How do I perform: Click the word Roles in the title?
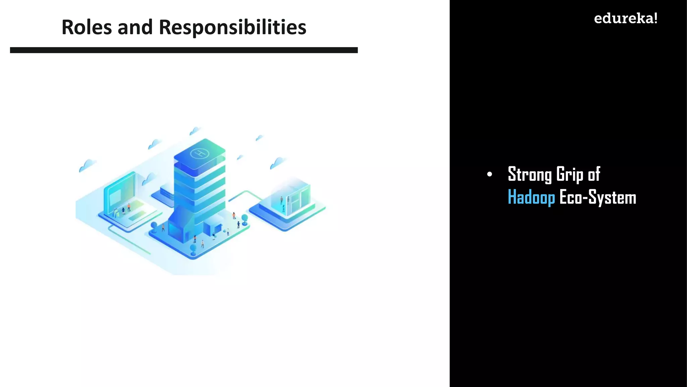[x=87, y=27]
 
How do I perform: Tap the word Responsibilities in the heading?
[x=232, y=27]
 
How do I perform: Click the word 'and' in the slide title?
[x=135, y=27]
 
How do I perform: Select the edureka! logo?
[x=625, y=18]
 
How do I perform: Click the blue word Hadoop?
[x=531, y=197]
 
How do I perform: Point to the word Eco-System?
[x=598, y=197]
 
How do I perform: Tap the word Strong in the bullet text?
[x=529, y=174]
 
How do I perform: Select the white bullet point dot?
[x=489, y=174]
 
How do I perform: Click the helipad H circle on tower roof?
[x=200, y=154]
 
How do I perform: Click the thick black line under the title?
[x=184, y=50]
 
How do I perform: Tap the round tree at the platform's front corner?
[x=193, y=248]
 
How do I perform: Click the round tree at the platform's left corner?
[x=154, y=225]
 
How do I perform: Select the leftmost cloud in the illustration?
[x=87, y=165]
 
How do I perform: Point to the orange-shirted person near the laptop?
[x=129, y=207]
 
